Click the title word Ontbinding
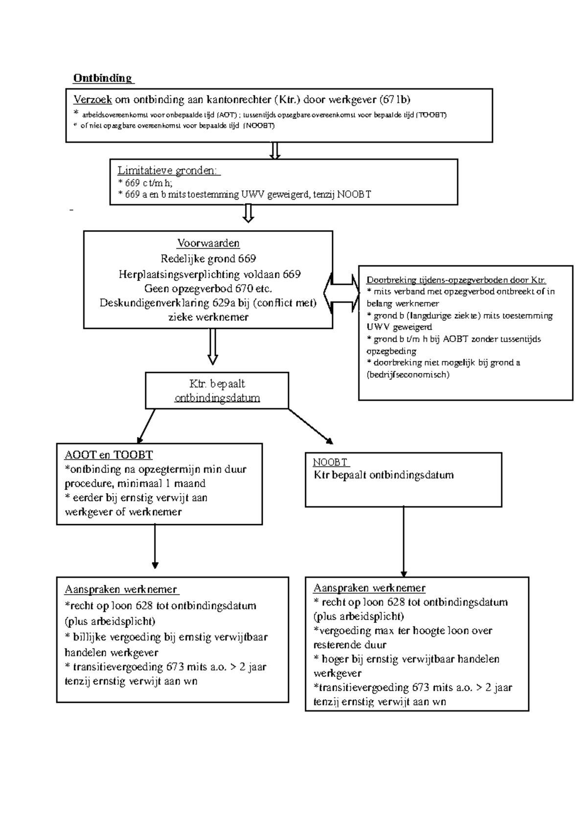102,78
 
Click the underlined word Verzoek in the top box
92,100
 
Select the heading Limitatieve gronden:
169,171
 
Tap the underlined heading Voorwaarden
208,243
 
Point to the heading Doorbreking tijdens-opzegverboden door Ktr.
455,280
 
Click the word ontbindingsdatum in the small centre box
217,398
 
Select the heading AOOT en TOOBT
109,455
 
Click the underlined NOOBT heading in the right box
330,462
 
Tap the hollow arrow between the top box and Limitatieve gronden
275,151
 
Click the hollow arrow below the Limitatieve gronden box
248,213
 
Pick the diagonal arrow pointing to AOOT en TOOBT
146,426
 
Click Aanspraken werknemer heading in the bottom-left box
121,589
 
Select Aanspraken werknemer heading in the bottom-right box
369,588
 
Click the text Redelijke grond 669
208,258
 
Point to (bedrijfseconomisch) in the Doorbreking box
407,375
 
